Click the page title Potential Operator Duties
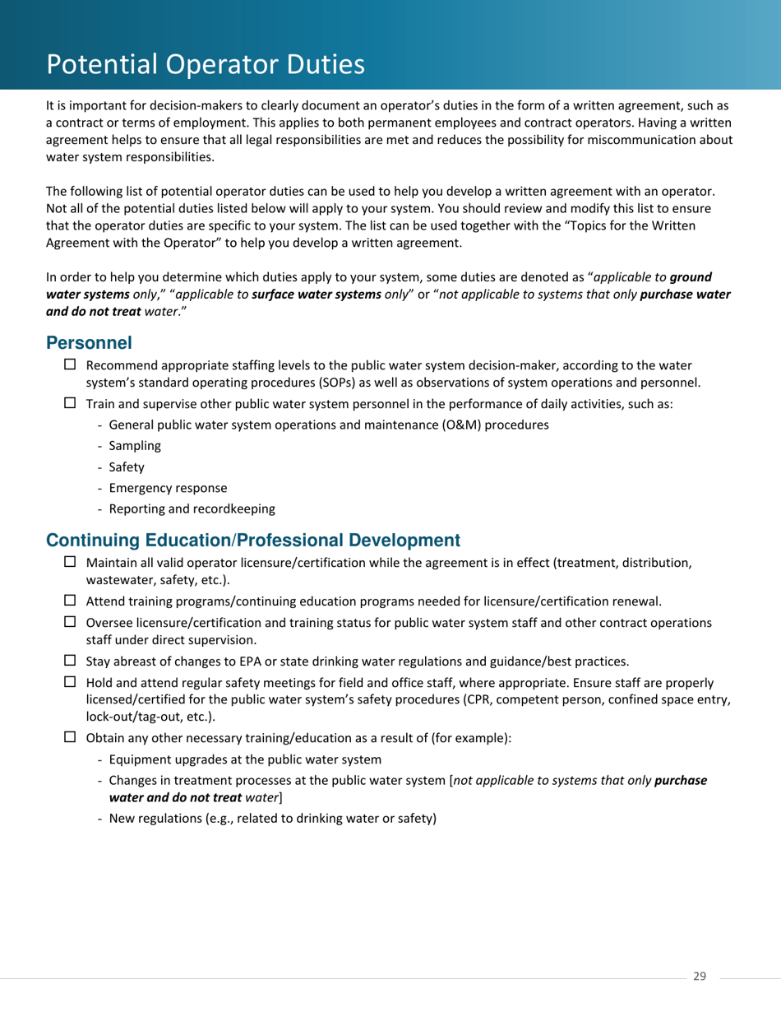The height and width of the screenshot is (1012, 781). coord(205,64)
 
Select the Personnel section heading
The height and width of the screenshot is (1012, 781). coord(89,342)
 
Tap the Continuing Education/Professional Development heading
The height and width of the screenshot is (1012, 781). coord(252,541)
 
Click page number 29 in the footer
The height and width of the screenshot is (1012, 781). coord(700,977)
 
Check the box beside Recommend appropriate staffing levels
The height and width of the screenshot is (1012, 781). coord(70,364)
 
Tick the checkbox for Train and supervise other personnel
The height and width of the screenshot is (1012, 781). coord(70,403)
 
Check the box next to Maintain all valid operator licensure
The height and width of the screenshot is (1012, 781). coord(70,562)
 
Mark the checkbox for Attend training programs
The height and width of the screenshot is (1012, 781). coord(70,601)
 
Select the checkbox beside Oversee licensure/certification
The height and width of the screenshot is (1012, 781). coord(70,622)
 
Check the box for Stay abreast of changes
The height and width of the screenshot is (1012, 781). coord(70,660)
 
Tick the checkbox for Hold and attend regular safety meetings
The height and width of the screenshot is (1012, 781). coord(70,682)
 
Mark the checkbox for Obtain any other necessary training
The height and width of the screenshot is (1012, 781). coord(70,737)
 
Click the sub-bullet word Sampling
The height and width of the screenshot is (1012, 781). coord(135,446)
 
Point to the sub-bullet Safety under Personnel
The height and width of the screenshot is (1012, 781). coord(126,467)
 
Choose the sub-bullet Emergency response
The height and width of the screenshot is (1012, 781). coord(168,488)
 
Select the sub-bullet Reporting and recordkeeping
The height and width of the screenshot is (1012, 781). coord(192,509)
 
